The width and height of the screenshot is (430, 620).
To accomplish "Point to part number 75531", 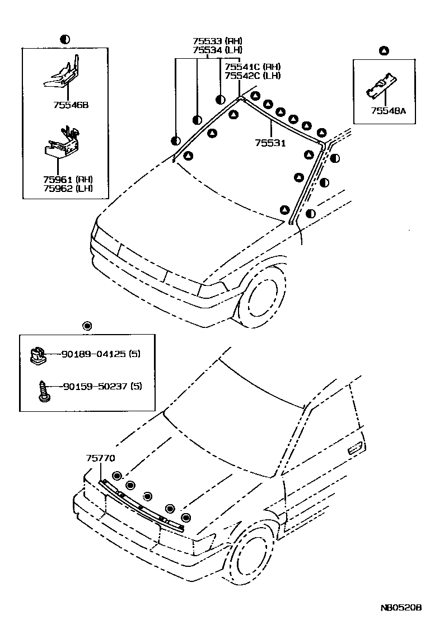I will [x=270, y=143].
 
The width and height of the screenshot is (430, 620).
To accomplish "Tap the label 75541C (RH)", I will [x=253, y=67].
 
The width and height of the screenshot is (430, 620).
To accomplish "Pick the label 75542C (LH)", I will [x=253, y=76].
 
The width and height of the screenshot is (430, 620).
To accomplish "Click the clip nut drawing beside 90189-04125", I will [x=37, y=355].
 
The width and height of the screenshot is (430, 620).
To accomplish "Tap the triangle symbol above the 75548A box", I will [x=384, y=51].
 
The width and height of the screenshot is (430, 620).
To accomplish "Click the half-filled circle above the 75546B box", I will [x=65, y=39].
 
